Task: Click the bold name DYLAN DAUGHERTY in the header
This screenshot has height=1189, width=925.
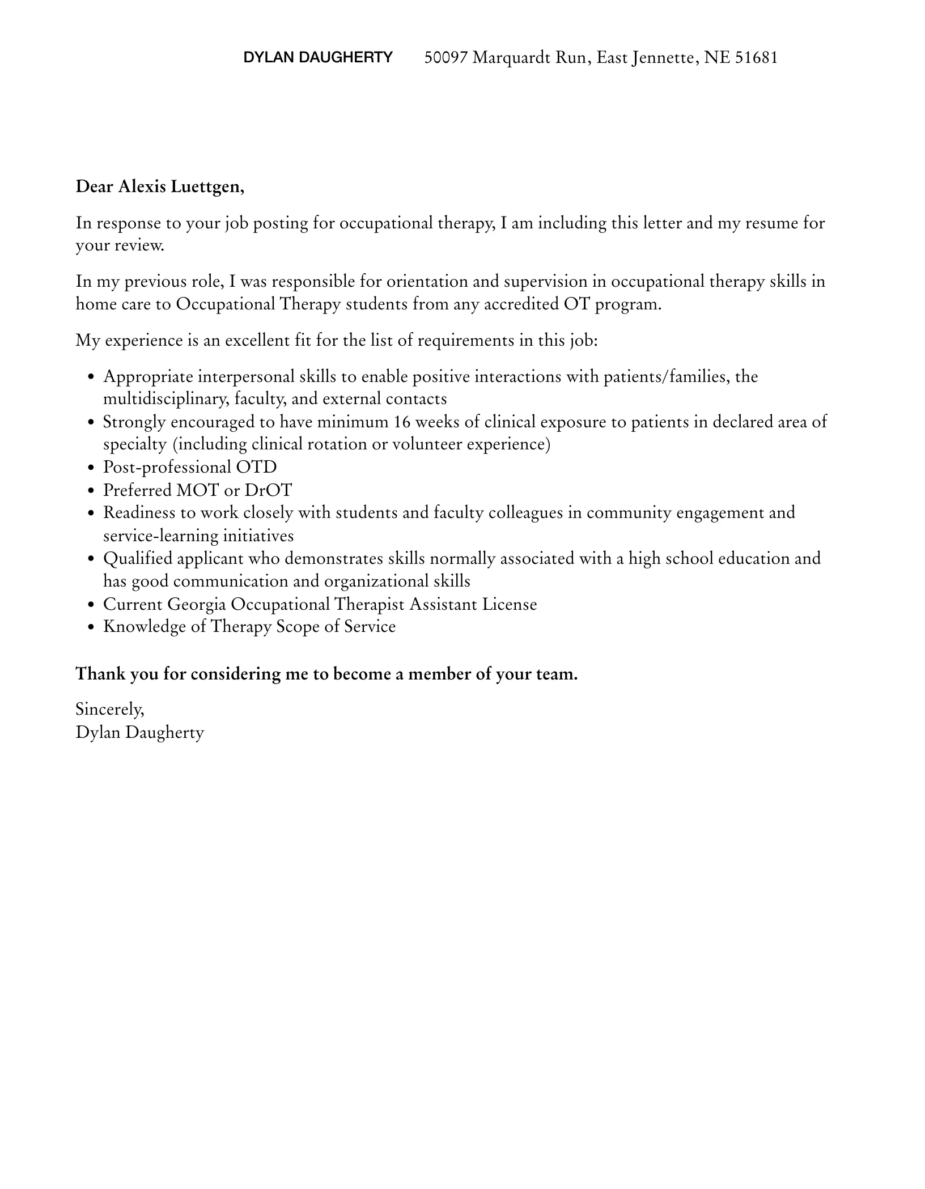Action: point(317,57)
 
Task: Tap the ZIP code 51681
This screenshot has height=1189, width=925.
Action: point(756,57)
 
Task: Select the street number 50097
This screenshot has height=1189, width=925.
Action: point(446,57)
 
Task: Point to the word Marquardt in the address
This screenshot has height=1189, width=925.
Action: point(511,57)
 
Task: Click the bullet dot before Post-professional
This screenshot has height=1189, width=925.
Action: point(91,468)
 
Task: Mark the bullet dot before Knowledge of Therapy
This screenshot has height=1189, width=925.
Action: point(91,627)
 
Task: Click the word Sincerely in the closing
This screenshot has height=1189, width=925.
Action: point(110,710)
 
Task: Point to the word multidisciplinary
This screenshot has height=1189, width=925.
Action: point(166,399)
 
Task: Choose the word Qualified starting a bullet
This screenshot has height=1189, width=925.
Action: point(137,559)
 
